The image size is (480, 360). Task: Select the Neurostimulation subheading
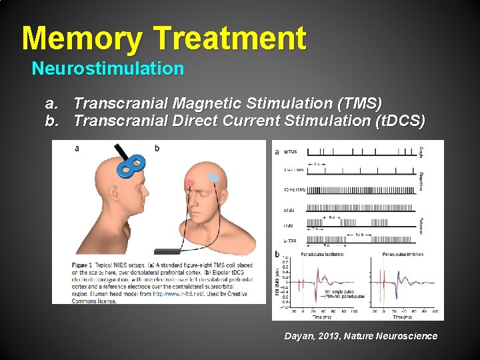point(108,69)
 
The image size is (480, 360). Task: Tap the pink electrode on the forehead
point(190,183)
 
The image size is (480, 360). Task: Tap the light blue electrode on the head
point(214,177)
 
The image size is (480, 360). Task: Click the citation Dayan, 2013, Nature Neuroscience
point(361,336)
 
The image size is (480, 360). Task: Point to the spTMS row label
point(291,152)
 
